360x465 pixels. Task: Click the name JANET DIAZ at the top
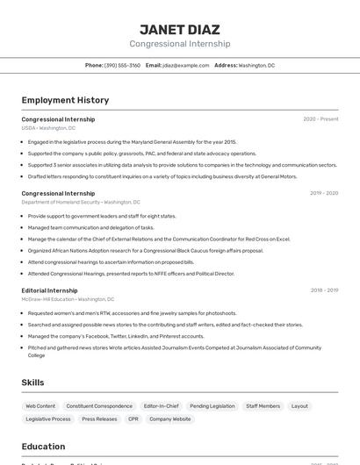click(180, 30)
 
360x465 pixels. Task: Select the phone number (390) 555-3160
click(122, 65)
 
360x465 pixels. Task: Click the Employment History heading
click(65, 100)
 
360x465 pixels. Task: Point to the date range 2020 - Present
click(320, 119)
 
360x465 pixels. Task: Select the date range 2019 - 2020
click(324, 193)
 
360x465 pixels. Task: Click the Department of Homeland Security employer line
click(81, 202)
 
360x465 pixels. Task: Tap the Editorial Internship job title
click(49, 290)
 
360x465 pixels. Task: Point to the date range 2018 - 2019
click(324, 290)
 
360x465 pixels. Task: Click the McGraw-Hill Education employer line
click(68, 299)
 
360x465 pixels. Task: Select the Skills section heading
click(32, 383)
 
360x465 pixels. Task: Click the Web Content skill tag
click(40, 406)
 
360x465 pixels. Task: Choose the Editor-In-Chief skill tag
click(162, 406)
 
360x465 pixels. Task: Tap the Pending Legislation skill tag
click(212, 406)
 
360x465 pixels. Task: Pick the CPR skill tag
click(133, 419)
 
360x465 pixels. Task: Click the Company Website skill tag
click(170, 419)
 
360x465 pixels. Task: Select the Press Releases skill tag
click(99, 419)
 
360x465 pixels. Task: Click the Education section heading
click(43, 447)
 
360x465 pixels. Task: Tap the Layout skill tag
click(299, 406)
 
